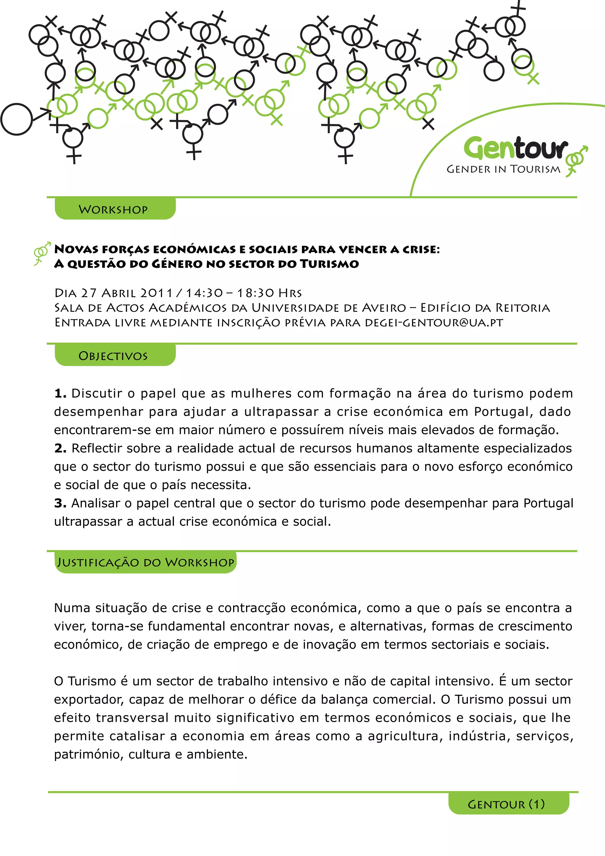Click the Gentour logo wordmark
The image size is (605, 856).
(516, 148)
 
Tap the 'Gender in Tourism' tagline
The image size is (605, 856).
(503, 169)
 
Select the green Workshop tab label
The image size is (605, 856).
(113, 210)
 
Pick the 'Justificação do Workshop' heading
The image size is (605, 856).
(146, 562)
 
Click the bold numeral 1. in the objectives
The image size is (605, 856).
(60, 393)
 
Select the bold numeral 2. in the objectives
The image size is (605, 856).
(60, 448)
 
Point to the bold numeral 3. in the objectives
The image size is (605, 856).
(60, 503)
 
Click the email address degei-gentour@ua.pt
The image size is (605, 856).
(434, 322)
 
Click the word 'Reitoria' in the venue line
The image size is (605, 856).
(522, 308)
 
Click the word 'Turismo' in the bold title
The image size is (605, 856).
(329, 264)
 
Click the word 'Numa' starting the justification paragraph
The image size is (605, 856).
(72, 608)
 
